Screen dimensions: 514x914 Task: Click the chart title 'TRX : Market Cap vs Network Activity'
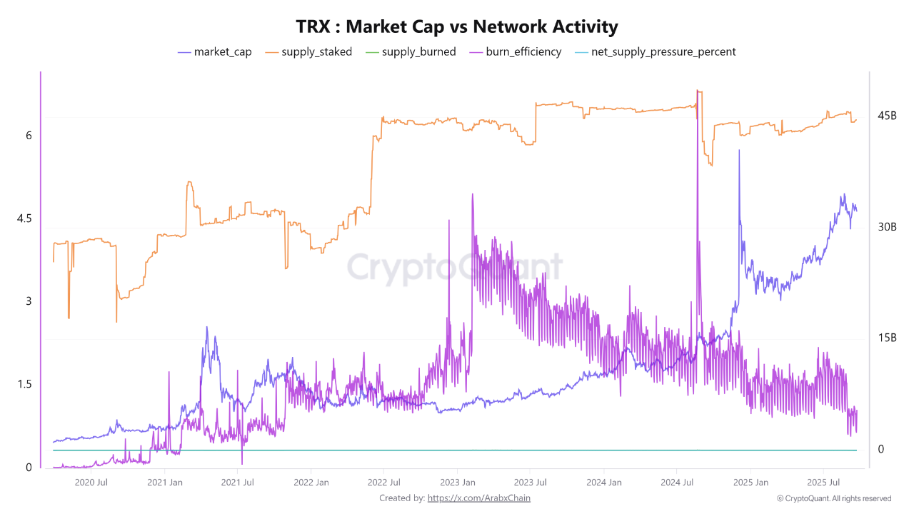click(x=457, y=27)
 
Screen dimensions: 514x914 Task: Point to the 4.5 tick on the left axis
click(x=24, y=218)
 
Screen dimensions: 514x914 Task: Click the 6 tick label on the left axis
click(x=29, y=136)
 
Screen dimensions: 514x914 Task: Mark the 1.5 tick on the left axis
click(x=24, y=385)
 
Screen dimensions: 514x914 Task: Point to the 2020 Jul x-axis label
click(x=91, y=482)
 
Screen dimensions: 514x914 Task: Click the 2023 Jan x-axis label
click(x=458, y=482)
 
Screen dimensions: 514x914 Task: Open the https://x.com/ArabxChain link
click(x=478, y=498)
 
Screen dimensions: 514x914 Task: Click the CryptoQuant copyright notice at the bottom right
click(x=833, y=498)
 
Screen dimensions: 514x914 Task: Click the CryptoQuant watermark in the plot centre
click(x=455, y=268)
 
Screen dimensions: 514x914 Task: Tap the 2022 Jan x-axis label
click(x=311, y=482)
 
